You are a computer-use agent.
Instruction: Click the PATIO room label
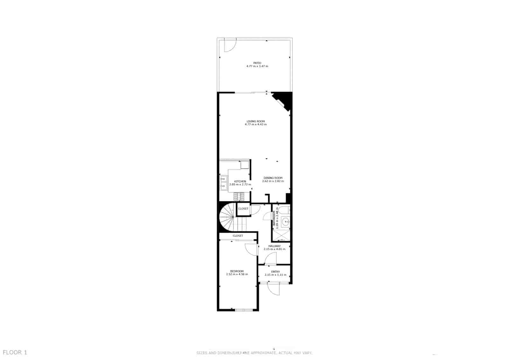[257, 63]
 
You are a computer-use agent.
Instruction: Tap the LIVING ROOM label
[255, 121]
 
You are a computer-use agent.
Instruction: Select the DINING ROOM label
[273, 178]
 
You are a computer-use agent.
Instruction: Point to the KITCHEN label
[240, 181]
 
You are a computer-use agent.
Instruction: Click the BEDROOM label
[237, 271]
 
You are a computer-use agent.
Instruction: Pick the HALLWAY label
[274, 246]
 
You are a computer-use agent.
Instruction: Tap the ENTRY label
[275, 272]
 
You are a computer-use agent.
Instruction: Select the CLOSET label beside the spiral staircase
[243, 209]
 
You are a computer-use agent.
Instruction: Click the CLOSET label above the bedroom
[238, 236]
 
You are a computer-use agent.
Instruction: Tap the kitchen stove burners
[239, 197]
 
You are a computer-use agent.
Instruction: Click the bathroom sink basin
[286, 222]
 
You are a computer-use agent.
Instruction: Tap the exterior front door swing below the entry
[273, 289]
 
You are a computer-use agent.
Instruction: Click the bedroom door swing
[250, 249]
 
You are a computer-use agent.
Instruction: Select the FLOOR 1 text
[15, 352]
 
